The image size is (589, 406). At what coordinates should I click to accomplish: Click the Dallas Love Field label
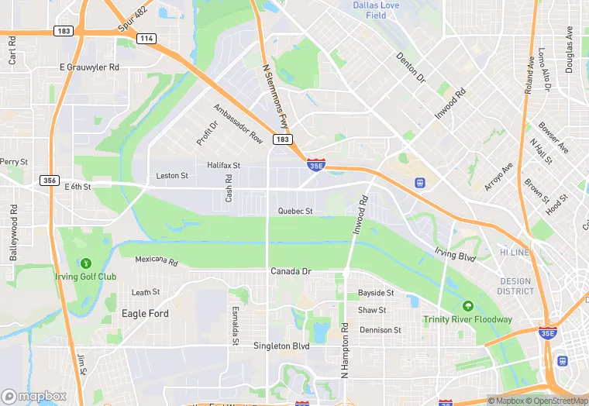pos(376,10)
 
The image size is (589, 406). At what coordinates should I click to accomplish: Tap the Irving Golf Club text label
pos(85,277)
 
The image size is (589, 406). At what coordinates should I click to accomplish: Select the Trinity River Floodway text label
pos(467,319)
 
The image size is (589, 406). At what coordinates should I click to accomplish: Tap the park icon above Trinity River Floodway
pos(467,305)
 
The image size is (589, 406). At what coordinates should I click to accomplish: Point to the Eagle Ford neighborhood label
pos(145,314)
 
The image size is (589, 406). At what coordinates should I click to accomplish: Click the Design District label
pos(515,287)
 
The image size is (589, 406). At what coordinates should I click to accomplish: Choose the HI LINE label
pos(515,253)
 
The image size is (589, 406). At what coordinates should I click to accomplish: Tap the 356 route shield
pos(50,181)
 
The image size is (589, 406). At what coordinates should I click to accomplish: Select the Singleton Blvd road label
pos(281,346)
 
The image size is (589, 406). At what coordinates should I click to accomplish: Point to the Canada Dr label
pos(291,271)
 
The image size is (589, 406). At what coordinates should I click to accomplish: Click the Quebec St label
pos(295,211)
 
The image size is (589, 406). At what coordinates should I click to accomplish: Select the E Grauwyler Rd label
pos(90,67)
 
